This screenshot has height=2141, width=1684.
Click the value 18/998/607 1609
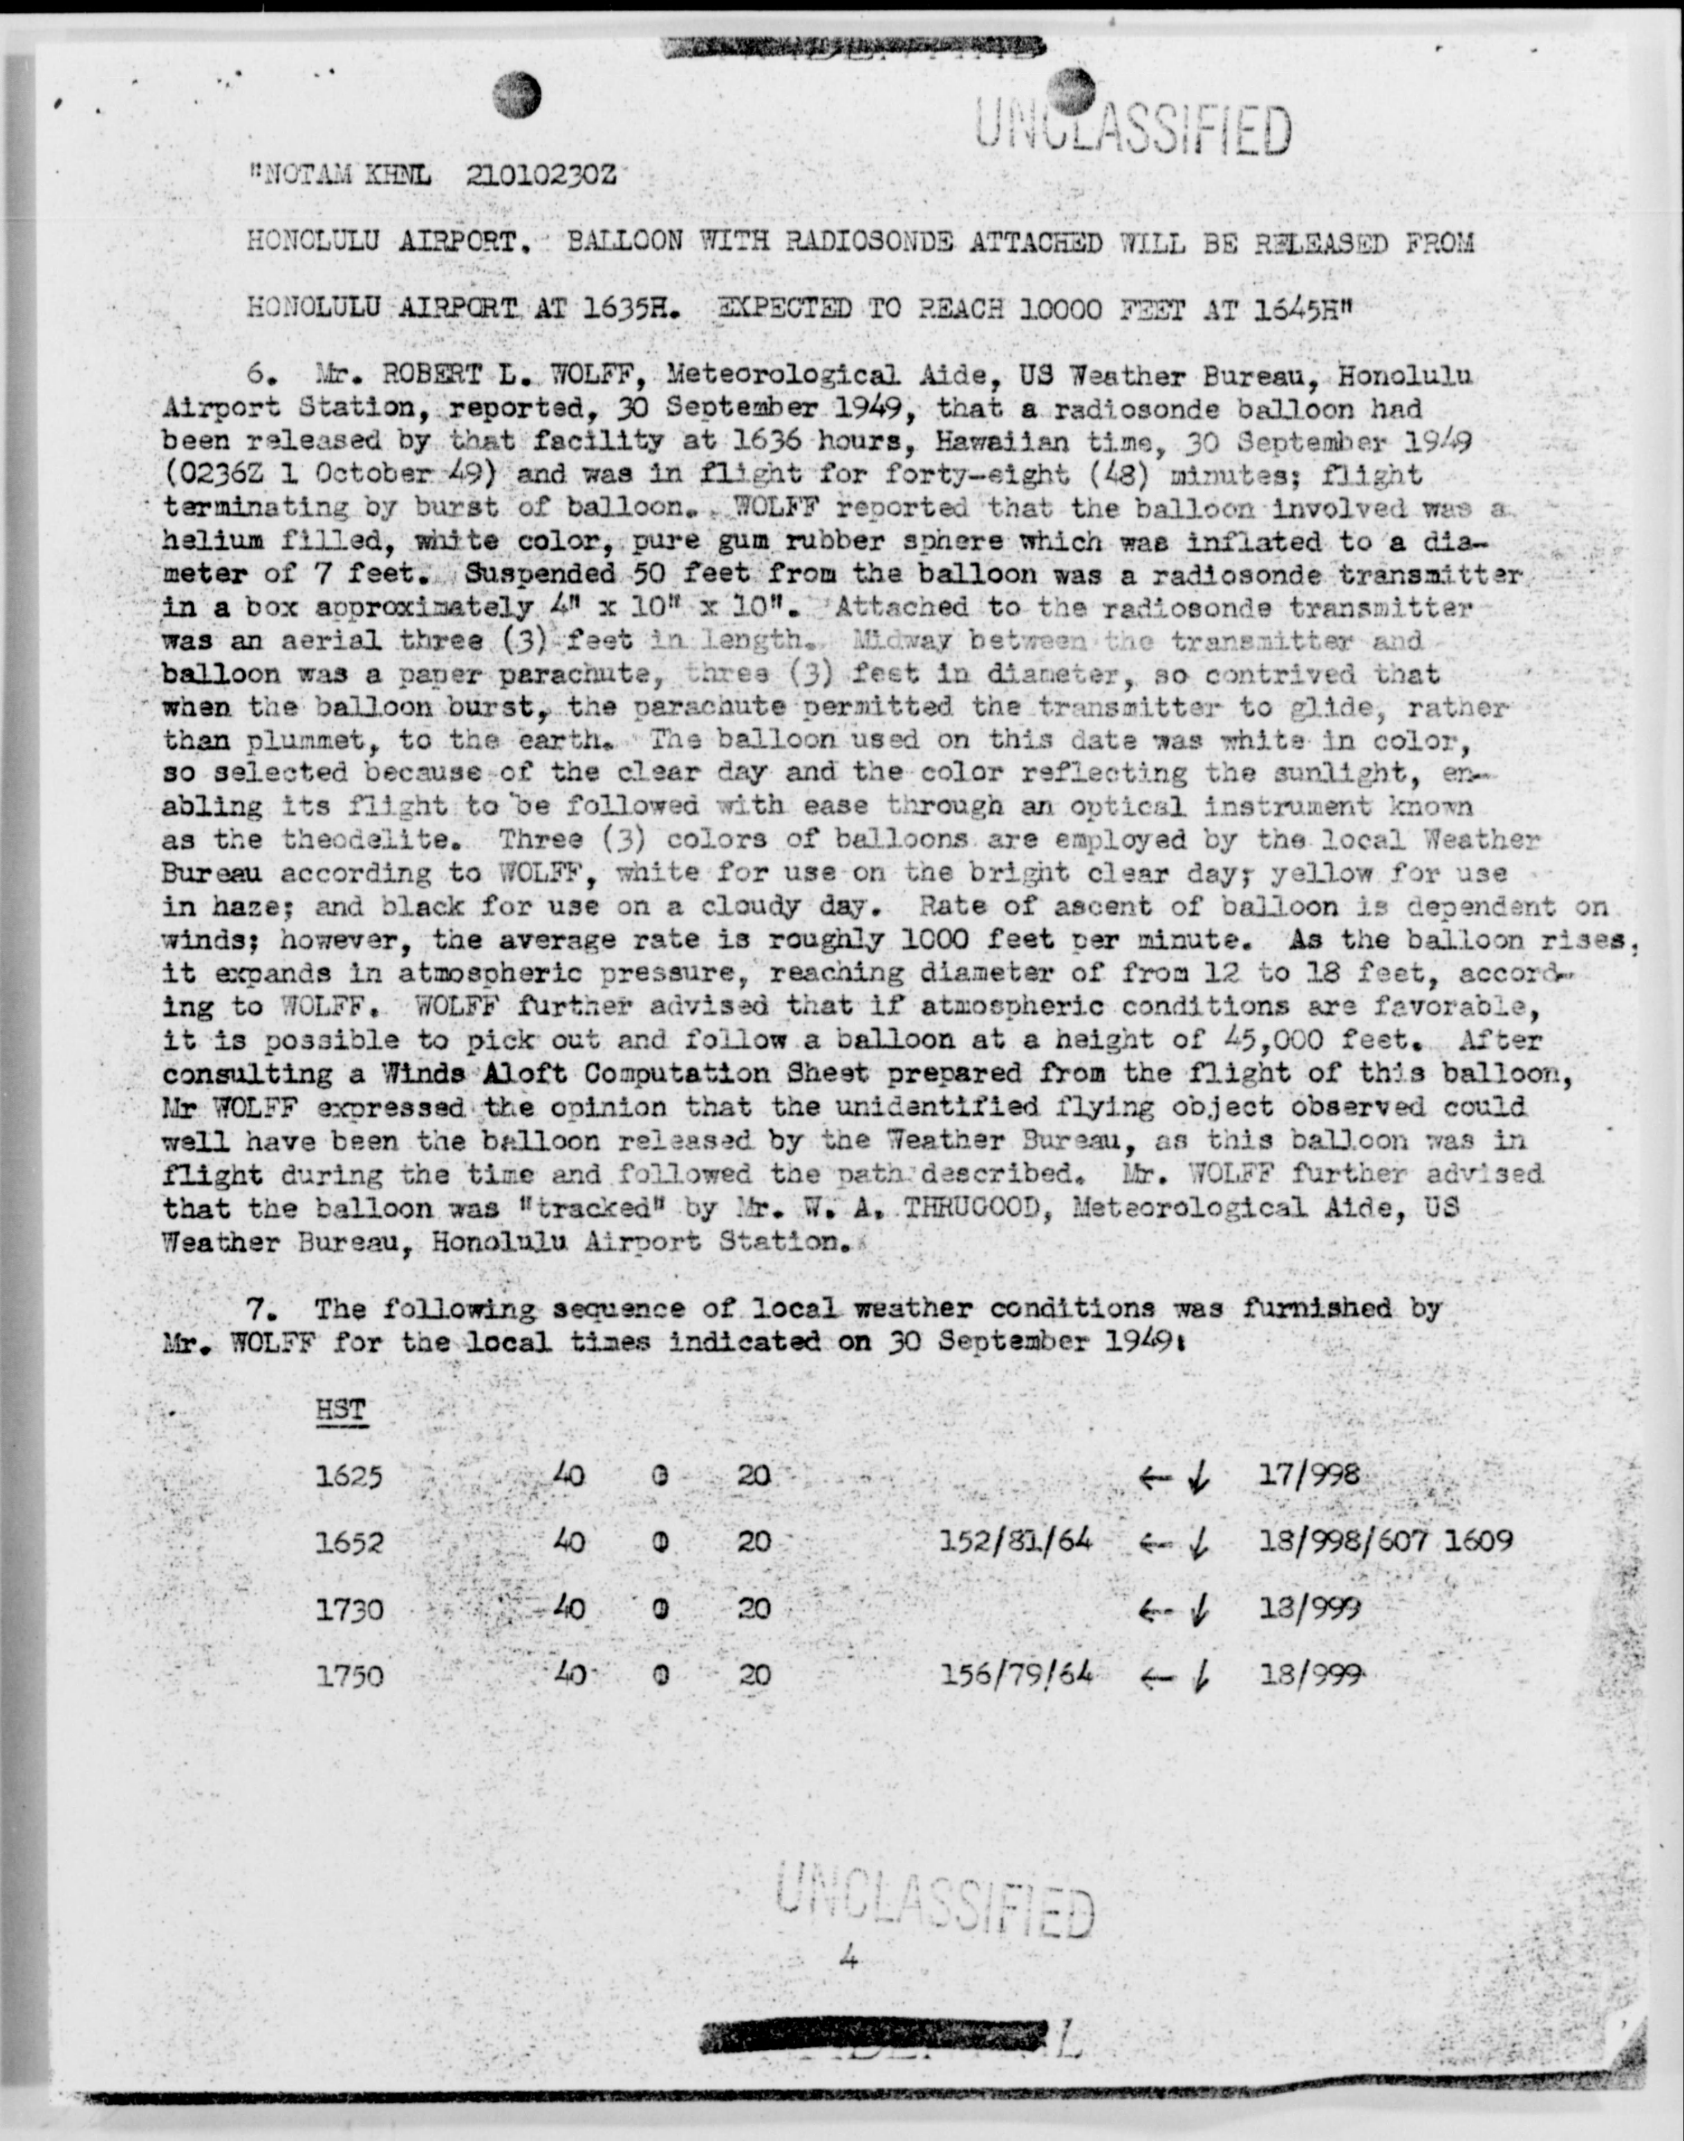(x=1385, y=1540)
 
